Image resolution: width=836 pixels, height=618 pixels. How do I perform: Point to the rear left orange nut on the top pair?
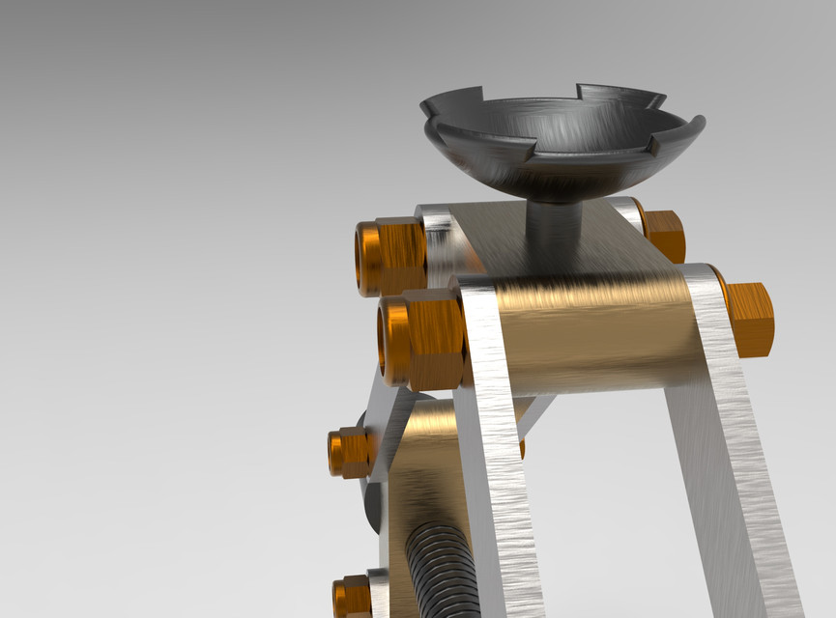390,256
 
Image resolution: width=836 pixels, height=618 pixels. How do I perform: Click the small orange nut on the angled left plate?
349,452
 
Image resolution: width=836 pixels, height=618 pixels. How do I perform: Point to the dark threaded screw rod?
440,570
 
